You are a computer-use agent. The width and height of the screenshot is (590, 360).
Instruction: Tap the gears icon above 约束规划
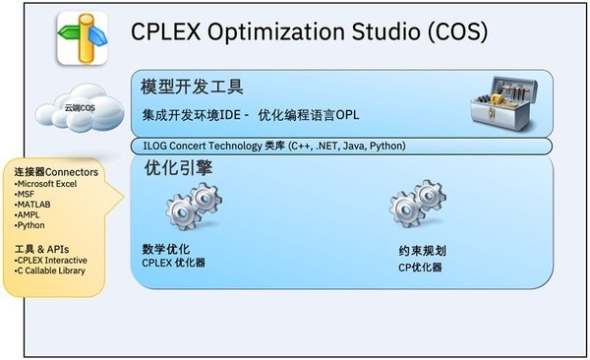click(417, 206)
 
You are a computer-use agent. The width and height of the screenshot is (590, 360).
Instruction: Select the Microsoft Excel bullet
click(51, 185)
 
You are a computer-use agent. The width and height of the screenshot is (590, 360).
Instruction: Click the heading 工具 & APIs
click(45, 248)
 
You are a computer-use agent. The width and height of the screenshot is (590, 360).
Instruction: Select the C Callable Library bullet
click(50, 270)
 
